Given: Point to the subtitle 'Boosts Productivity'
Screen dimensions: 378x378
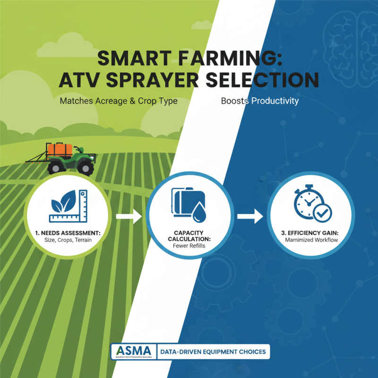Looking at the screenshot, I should (260, 102).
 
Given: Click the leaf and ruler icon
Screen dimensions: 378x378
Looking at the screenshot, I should (69, 206).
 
